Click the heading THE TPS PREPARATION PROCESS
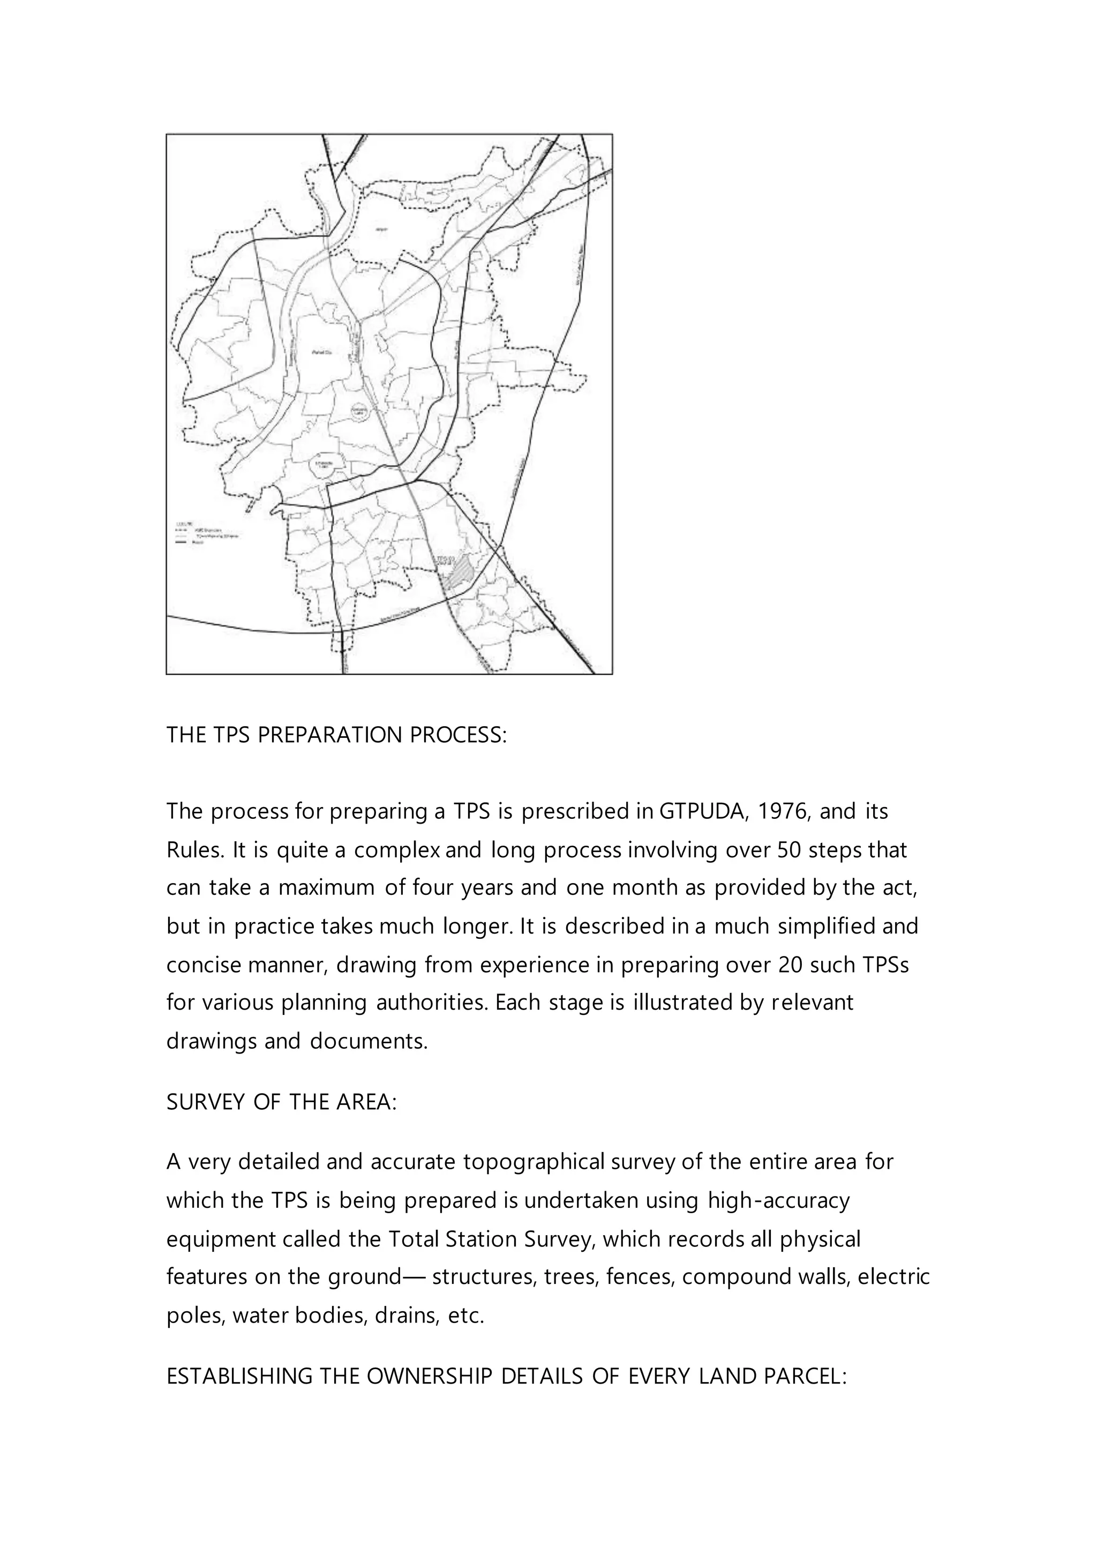pyautogui.click(x=336, y=735)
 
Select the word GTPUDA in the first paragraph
pyautogui.click(x=703, y=811)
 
